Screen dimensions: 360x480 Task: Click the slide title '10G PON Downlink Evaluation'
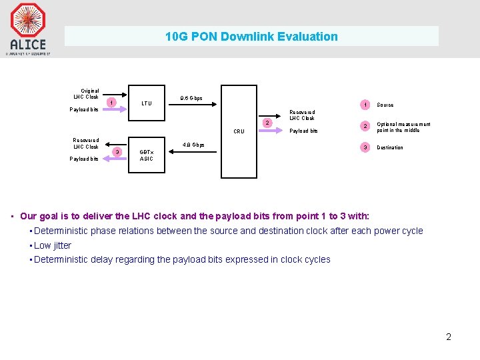click(x=251, y=37)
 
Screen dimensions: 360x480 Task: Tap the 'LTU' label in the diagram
click(x=147, y=103)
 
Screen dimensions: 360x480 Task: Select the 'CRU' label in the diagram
click(x=239, y=131)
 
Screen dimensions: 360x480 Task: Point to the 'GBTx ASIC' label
click(x=146, y=155)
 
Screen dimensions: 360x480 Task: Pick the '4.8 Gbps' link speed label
click(x=193, y=145)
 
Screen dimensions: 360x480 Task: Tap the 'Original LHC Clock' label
click(x=89, y=93)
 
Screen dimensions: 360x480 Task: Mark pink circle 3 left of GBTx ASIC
click(x=117, y=153)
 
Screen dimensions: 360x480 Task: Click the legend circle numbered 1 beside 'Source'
click(x=364, y=105)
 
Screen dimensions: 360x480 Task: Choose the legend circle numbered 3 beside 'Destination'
click(x=364, y=147)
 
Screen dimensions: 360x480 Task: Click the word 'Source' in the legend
click(x=385, y=105)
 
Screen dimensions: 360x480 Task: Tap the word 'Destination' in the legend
click(x=390, y=148)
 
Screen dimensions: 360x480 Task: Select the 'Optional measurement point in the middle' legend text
click(x=403, y=127)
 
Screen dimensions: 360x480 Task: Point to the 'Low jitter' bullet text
click(x=53, y=245)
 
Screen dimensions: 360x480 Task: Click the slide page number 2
click(x=449, y=337)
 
